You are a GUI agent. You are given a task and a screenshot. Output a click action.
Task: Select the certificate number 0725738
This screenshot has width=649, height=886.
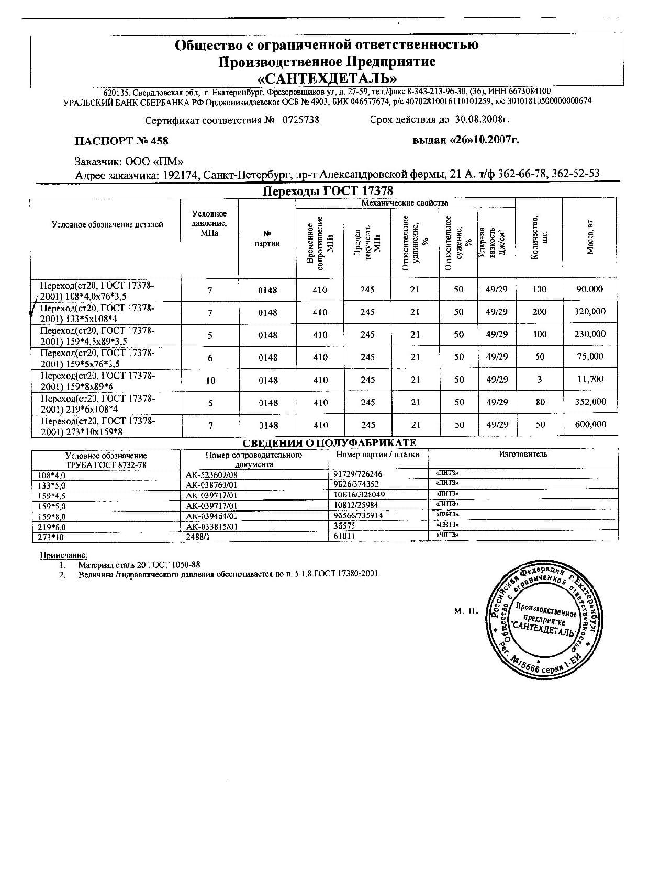300,120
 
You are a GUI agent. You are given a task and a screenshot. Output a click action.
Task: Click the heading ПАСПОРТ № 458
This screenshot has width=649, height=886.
121,141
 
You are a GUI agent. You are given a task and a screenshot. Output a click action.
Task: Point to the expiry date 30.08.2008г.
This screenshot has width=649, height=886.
484,119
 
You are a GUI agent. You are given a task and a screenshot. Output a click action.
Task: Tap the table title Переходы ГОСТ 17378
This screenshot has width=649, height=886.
327,191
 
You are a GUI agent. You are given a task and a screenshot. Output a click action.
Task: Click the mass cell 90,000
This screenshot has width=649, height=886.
590,289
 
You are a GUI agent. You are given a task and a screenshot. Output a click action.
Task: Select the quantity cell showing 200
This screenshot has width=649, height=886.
539,312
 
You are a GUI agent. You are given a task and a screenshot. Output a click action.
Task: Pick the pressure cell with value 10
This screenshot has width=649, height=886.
210,380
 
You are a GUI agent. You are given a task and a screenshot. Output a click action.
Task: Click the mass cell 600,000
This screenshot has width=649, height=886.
590,425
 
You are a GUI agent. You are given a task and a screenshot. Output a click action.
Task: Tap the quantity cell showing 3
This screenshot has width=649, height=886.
539,379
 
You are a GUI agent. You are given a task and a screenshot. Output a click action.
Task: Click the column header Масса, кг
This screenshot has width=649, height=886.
590,238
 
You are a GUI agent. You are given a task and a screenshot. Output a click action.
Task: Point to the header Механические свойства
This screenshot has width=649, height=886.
405,203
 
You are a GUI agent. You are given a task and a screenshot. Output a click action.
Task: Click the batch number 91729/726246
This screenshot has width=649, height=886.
357,474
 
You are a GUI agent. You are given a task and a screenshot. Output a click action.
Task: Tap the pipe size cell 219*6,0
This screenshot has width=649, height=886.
51,527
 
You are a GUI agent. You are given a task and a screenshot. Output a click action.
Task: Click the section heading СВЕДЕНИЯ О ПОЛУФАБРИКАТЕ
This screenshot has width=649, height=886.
329,443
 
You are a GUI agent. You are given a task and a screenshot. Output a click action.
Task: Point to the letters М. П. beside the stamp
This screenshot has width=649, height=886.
466,610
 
